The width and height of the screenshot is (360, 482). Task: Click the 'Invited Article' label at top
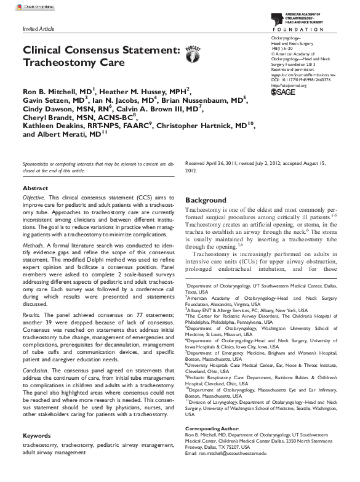click(x=38, y=29)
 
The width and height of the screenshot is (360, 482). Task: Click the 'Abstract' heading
click(x=35, y=188)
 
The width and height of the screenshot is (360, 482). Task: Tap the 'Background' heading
click(x=206, y=201)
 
